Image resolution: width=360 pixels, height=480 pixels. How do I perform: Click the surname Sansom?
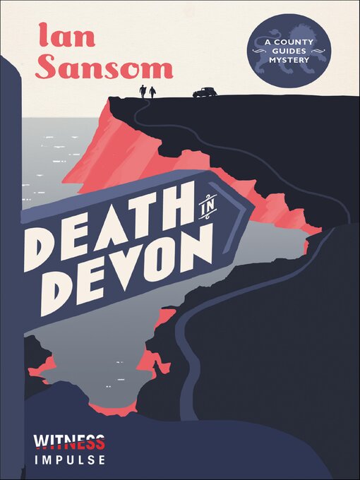104,67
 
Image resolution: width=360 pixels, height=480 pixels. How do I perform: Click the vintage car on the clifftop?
204,92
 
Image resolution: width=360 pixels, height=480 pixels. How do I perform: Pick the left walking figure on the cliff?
144,92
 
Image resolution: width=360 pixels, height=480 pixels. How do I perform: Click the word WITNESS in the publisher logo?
69,443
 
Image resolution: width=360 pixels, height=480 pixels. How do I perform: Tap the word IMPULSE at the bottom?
69,460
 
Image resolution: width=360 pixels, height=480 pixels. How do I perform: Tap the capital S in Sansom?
48,67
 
